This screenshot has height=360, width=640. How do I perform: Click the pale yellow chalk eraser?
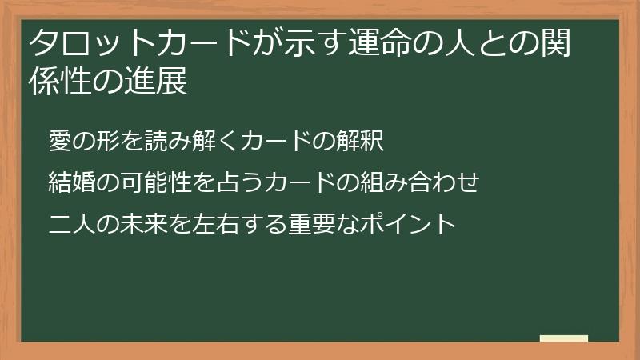[x=563, y=338]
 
